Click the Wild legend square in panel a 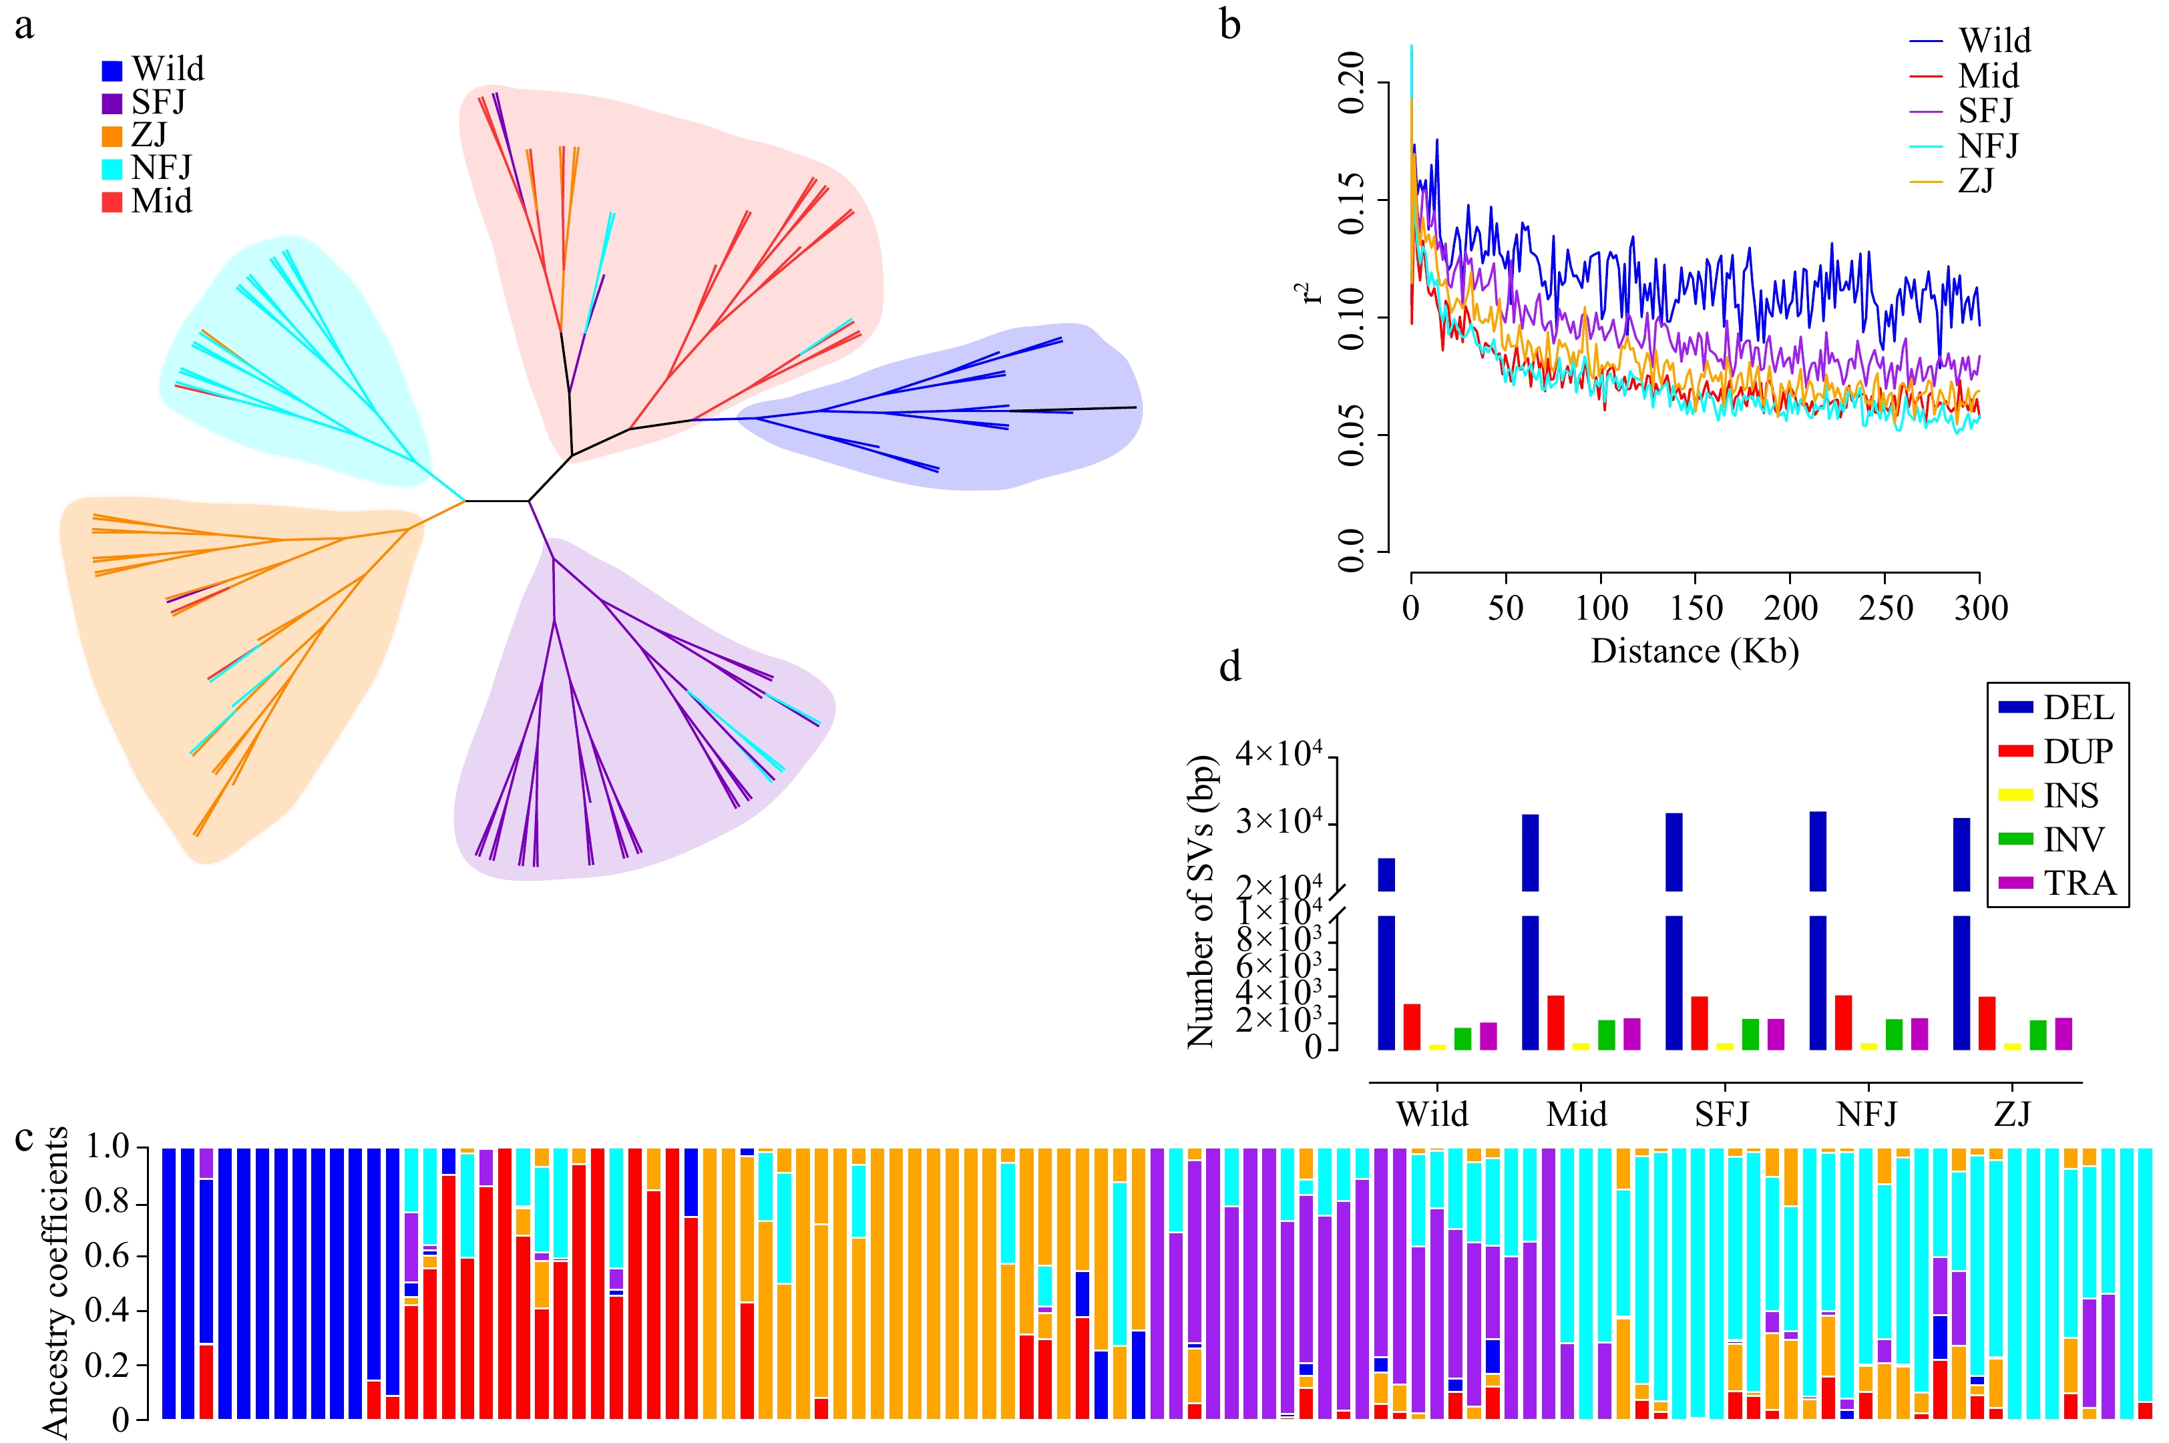click(112, 71)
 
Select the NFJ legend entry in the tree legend click(160, 168)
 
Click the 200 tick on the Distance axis click(1790, 608)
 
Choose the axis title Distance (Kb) click(1694, 652)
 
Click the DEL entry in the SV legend click(2078, 708)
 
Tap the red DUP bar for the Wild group click(1412, 1027)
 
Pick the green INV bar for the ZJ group click(2037, 1035)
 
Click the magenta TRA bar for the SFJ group click(1775, 1034)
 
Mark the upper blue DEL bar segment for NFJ click(1818, 851)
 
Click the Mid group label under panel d click(1577, 1114)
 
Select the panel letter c click(24, 1139)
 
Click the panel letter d click(1229, 666)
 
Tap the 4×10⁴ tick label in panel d click(1279, 755)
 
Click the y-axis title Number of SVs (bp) click(1200, 902)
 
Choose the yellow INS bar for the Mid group click(1581, 1046)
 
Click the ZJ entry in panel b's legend click(1976, 182)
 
